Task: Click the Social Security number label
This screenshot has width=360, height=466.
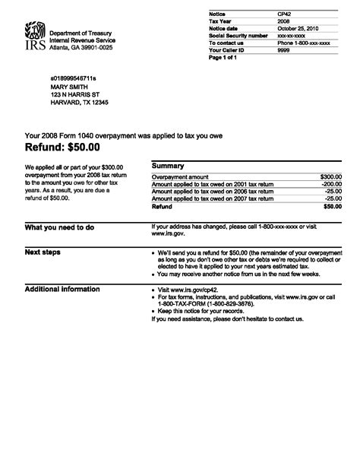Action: point(236,35)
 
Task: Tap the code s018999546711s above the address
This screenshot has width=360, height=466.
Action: point(77,78)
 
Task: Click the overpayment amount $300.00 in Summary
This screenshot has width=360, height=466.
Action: point(330,176)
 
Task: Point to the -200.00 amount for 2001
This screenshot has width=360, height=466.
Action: point(331,184)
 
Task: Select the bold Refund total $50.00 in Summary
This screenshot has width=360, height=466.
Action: point(332,206)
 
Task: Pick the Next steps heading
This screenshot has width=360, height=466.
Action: point(43,252)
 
